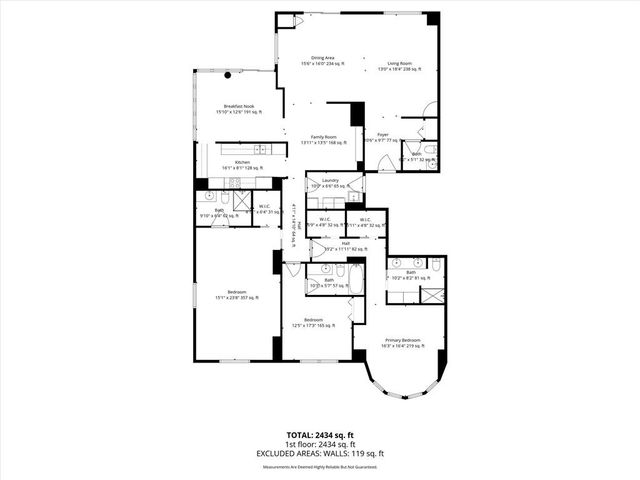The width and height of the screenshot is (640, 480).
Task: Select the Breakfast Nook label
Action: tap(237, 108)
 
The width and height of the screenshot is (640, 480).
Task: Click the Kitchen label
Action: tap(241, 165)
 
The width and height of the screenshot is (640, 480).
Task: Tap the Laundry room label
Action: tap(329, 183)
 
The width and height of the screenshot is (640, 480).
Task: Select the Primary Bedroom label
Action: tap(403, 342)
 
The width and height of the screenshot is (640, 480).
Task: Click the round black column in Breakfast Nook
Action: tap(228, 75)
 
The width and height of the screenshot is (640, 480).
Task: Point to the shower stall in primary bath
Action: tap(434, 295)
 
